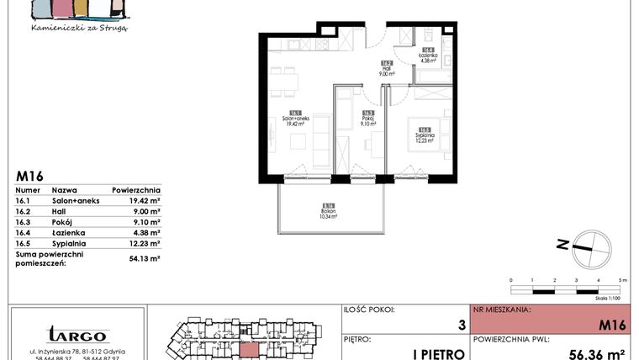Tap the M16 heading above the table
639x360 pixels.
click(x=30, y=177)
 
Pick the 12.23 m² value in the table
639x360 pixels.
click(x=143, y=242)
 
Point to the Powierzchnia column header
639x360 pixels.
click(x=135, y=191)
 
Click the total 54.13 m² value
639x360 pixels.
click(x=143, y=258)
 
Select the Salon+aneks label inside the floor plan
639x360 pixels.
click(x=295, y=119)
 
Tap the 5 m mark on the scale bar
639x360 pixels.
click(x=622, y=278)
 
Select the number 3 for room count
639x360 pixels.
click(x=461, y=324)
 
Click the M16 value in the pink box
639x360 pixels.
click(x=611, y=324)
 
